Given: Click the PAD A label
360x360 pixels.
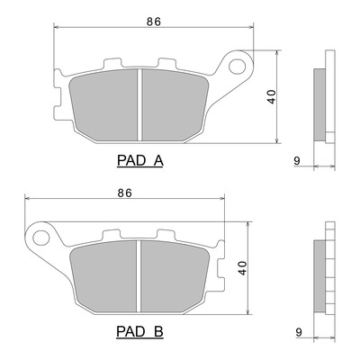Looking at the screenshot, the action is (140, 160).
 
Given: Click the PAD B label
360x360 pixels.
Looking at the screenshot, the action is (139, 331).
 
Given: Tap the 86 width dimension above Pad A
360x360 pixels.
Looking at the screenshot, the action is (154, 22).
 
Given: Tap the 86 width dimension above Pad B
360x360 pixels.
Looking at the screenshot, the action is (125, 193).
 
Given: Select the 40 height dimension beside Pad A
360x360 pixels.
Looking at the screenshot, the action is (272, 96).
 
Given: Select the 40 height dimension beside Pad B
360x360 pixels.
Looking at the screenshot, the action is (242, 268).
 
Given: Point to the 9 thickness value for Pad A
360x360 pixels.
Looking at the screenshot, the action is (297, 161).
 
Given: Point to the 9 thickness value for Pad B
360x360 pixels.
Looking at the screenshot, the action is (299, 332).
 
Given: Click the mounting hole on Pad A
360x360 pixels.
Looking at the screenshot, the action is (238, 66).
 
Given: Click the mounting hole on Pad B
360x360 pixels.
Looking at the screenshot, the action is (40, 238).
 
